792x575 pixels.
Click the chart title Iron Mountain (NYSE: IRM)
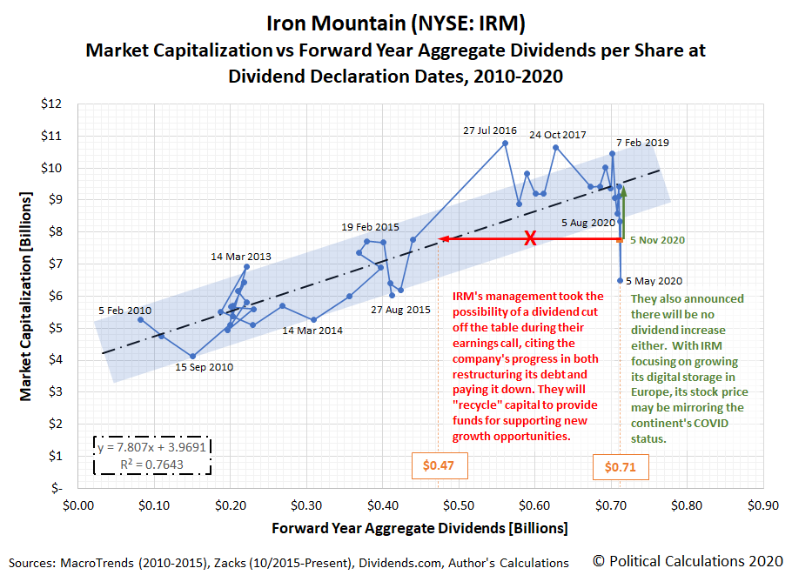(x=395, y=20)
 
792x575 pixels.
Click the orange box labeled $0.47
(x=439, y=466)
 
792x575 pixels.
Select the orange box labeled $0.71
(x=620, y=467)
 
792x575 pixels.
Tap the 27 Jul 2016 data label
(x=489, y=130)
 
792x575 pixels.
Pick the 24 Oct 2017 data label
(x=558, y=135)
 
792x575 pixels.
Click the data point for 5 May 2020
(x=620, y=280)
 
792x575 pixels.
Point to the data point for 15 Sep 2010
(x=192, y=356)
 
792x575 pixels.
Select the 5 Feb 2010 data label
(x=124, y=310)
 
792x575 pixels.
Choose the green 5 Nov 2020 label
(x=657, y=239)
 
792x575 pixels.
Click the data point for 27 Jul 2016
(x=505, y=143)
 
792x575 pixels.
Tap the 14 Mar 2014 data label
(x=312, y=331)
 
